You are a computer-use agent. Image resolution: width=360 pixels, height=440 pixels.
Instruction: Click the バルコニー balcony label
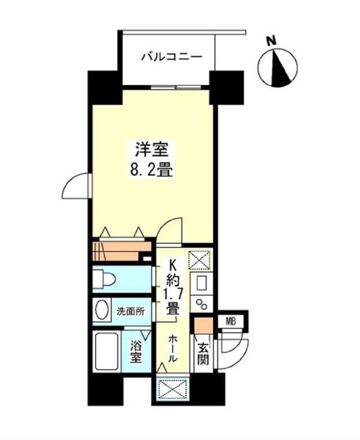click(x=165, y=56)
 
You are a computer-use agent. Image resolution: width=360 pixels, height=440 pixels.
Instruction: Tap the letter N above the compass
click(x=272, y=39)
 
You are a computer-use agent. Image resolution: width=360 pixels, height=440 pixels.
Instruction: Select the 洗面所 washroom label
click(x=130, y=311)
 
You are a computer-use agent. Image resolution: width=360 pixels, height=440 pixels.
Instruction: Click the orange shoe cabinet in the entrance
click(x=202, y=326)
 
